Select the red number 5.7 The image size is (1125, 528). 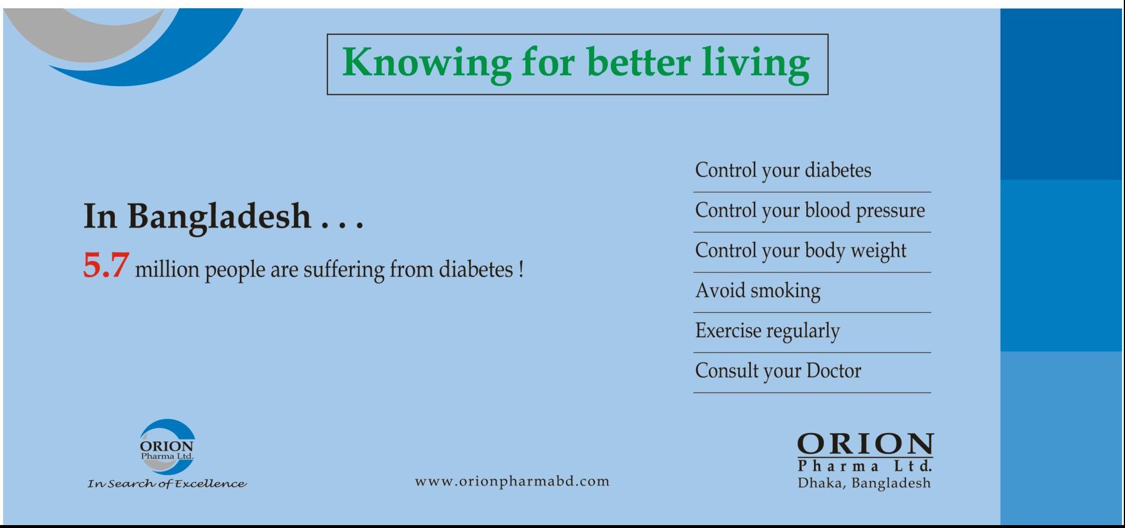pyautogui.click(x=105, y=265)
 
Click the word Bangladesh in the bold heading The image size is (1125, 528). pyautogui.click(x=219, y=216)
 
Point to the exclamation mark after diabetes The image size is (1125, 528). pyautogui.click(x=521, y=269)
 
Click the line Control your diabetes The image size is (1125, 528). pyautogui.click(x=783, y=171)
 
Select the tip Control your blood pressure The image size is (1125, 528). pyautogui.click(x=810, y=211)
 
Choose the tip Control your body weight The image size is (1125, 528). pyautogui.click(x=800, y=251)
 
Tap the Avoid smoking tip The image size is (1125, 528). pyautogui.click(x=757, y=291)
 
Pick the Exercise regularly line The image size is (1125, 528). pyautogui.click(x=767, y=331)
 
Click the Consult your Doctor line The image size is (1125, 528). pyautogui.click(x=778, y=371)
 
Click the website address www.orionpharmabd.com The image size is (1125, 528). pyautogui.click(x=512, y=481)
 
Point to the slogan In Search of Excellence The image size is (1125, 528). pyautogui.click(x=167, y=484)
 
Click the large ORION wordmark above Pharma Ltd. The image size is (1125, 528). pyautogui.click(x=865, y=444)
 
